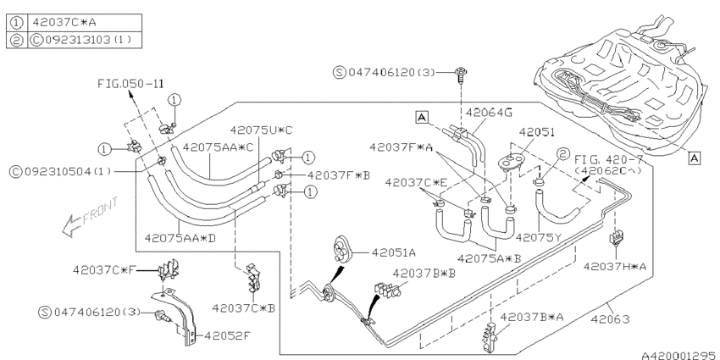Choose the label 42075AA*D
point(180,238)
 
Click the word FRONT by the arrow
point(95,212)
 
